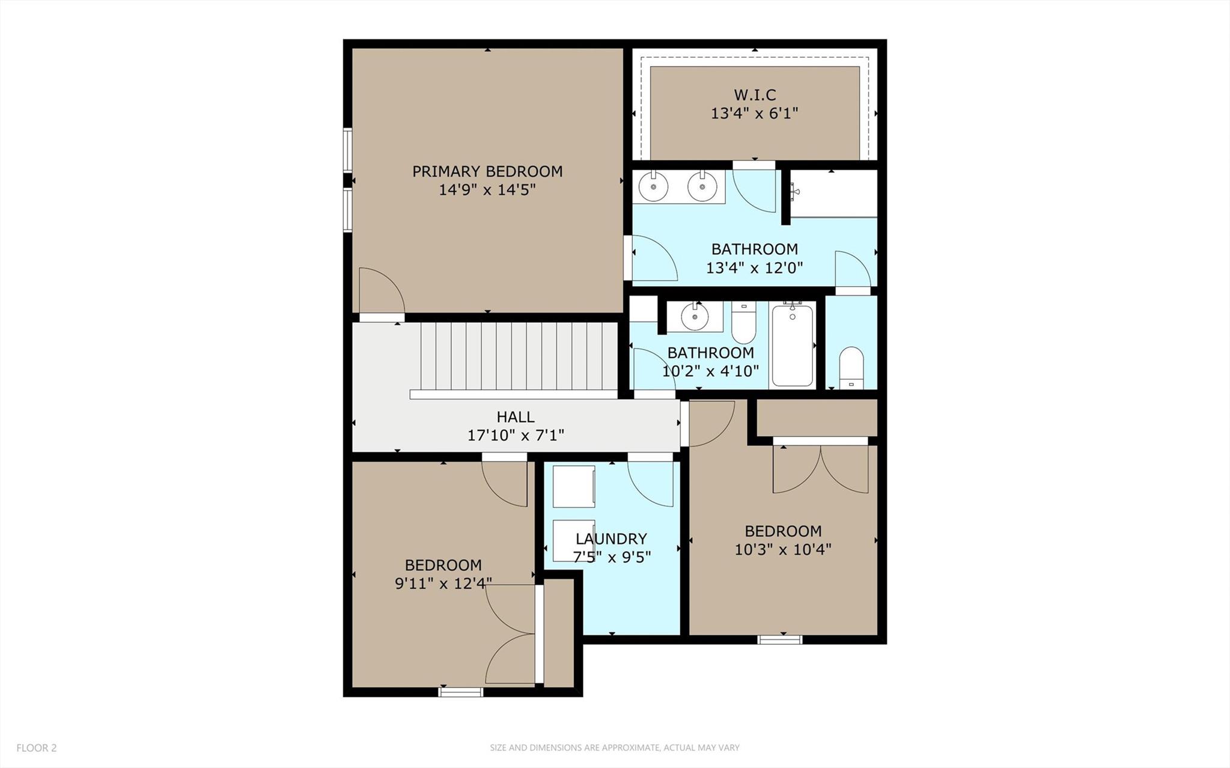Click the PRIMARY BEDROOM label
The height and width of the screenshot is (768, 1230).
(x=487, y=171)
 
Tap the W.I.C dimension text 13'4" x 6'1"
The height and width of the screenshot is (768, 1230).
(x=754, y=114)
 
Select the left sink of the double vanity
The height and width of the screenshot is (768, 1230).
(x=653, y=187)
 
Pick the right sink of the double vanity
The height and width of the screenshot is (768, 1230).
(x=702, y=187)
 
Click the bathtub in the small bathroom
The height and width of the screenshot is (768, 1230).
(x=792, y=346)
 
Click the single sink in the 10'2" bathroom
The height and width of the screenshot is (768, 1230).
(x=694, y=317)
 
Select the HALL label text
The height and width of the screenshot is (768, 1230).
(x=515, y=416)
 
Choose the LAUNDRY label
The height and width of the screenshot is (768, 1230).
(x=611, y=538)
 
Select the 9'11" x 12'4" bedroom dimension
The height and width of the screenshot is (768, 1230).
(x=443, y=583)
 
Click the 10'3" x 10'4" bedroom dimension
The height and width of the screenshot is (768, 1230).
(x=782, y=549)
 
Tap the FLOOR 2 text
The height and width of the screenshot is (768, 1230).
(x=37, y=748)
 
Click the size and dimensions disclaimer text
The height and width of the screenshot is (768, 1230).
(x=614, y=748)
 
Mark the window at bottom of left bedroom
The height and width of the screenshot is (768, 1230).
(x=460, y=692)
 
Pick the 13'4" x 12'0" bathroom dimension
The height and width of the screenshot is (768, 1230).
(x=754, y=268)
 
